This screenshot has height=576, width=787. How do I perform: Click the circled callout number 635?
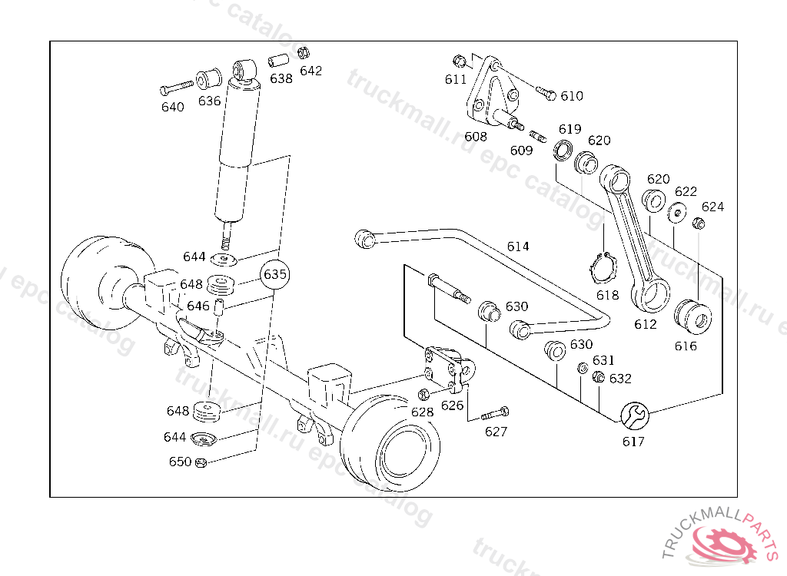tap(275, 273)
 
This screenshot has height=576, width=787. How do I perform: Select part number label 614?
tap(517, 247)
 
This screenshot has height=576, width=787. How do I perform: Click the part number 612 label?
tap(646, 324)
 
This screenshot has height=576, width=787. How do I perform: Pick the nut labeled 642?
tap(303, 53)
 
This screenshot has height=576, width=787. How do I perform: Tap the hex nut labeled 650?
tap(200, 462)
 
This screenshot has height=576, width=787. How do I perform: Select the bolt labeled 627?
tap(495, 413)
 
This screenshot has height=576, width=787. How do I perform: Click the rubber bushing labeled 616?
tap(692, 317)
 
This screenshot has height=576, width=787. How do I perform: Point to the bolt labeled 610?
tap(546, 94)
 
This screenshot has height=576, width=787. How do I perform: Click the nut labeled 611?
tap(459, 61)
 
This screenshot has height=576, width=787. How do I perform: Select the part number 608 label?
tap(476, 137)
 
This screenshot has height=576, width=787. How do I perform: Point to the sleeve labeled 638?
tap(277, 60)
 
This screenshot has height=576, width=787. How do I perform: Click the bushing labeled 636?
tap(208, 78)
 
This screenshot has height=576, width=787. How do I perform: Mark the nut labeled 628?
tap(423, 395)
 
